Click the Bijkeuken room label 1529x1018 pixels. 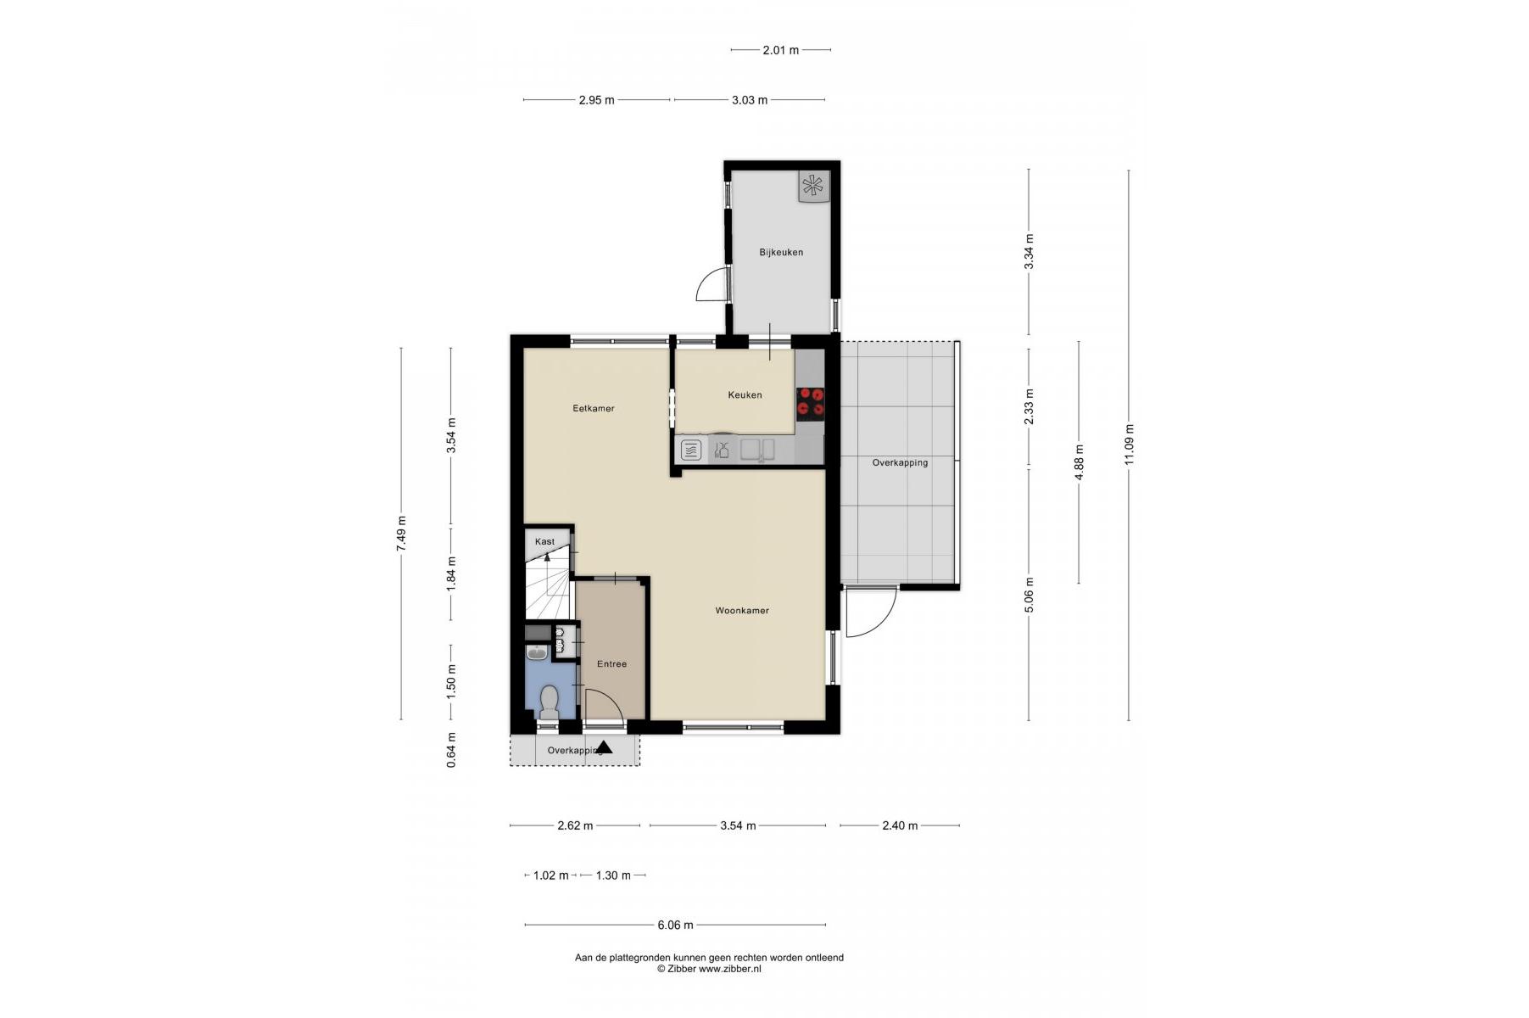(x=781, y=252)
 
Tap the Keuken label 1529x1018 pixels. (x=745, y=394)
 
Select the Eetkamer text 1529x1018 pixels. (x=594, y=408)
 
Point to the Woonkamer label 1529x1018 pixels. (x=742, y=610)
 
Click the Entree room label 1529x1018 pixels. (x=611, y=663)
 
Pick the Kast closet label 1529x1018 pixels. (x=544, y=541)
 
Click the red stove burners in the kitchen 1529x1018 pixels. (x=810, y=402)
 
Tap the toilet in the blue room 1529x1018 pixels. (x=549, y=702)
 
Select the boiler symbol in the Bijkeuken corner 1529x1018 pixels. (x=812, y=187)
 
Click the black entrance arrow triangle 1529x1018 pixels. (x=604, y=747)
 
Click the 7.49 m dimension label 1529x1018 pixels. (x=401, y=534)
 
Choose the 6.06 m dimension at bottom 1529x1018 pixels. (x=675, y=925)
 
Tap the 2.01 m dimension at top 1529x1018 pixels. (x=781, y=50)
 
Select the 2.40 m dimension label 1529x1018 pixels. (x=900, y=825)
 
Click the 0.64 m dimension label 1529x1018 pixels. (x=451, y=750)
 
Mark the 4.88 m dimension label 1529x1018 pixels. (x=1079, y=462)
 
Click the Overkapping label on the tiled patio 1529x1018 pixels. (x=900, y=462)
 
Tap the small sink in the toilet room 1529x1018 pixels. (x=537, y=652)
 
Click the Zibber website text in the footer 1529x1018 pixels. (x=729, y=968)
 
